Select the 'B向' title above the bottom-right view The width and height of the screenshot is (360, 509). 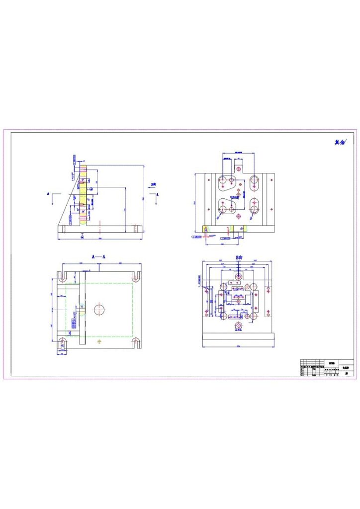(239, 257)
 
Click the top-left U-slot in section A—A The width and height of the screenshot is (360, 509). (63, 275)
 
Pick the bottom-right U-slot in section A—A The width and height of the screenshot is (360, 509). (135, 342)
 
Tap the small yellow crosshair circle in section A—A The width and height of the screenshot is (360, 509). (99, 342)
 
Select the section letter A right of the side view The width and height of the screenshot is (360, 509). (158, 195)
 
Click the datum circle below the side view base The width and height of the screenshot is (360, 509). (82, 237)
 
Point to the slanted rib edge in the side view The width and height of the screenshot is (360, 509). (69, 203)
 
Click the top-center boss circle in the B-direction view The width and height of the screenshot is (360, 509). (239, 275)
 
